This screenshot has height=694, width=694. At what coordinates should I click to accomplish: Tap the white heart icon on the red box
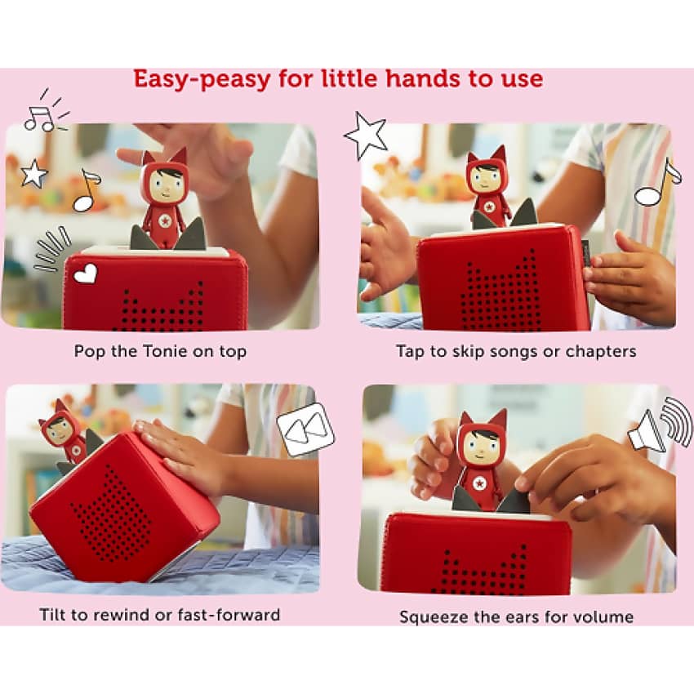point(85,274)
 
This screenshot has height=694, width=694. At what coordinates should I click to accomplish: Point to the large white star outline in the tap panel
point(365,135)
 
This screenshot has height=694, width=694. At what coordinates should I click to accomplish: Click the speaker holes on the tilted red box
point(115,514)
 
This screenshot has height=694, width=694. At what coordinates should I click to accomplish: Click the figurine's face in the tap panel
point(488,178)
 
